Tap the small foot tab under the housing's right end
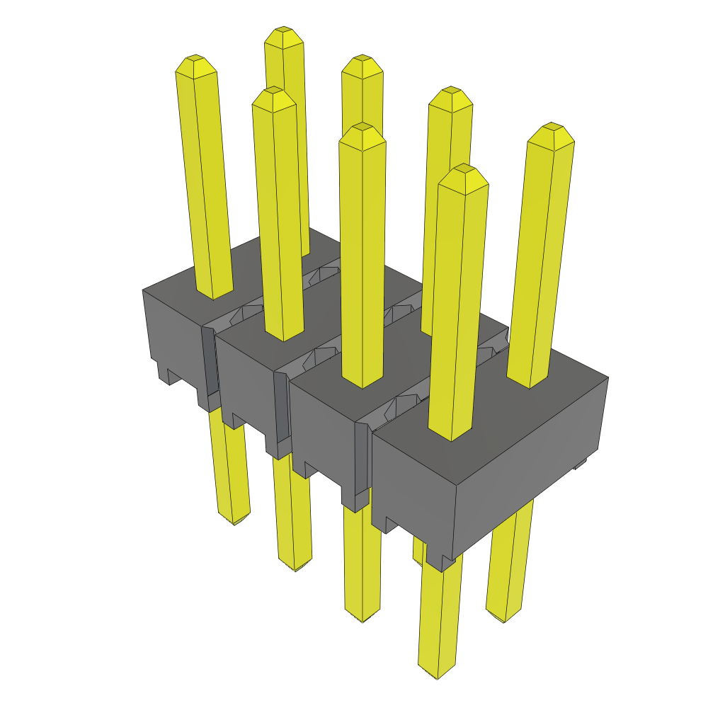(580, 464)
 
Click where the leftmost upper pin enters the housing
(214, 294)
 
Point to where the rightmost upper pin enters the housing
(528, 382)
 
